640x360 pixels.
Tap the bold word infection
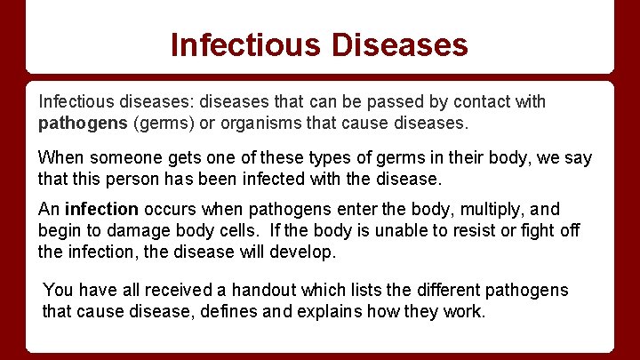(x=101, y=210)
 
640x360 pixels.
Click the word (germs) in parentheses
(x=161, y=122)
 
